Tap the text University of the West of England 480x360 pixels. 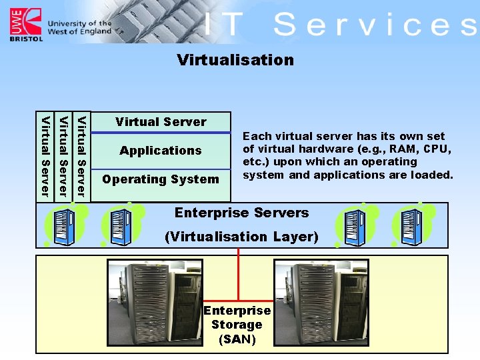[x=79, y=28]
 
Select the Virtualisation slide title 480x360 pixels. [x=235, y=60]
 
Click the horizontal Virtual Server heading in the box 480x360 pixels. [x=161, y=122]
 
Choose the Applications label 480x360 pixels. [x=161, y=151]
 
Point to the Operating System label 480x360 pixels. [x=161, y=179]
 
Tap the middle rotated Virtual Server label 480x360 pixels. [x=63, y=157]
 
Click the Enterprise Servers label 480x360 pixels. [x=241, y=213]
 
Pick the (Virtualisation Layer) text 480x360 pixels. [x=241, y=237]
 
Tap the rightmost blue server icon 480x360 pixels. [x=411, y=225]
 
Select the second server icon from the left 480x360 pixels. [x=121, y=225]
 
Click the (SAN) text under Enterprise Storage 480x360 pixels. [x=237, y=339]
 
